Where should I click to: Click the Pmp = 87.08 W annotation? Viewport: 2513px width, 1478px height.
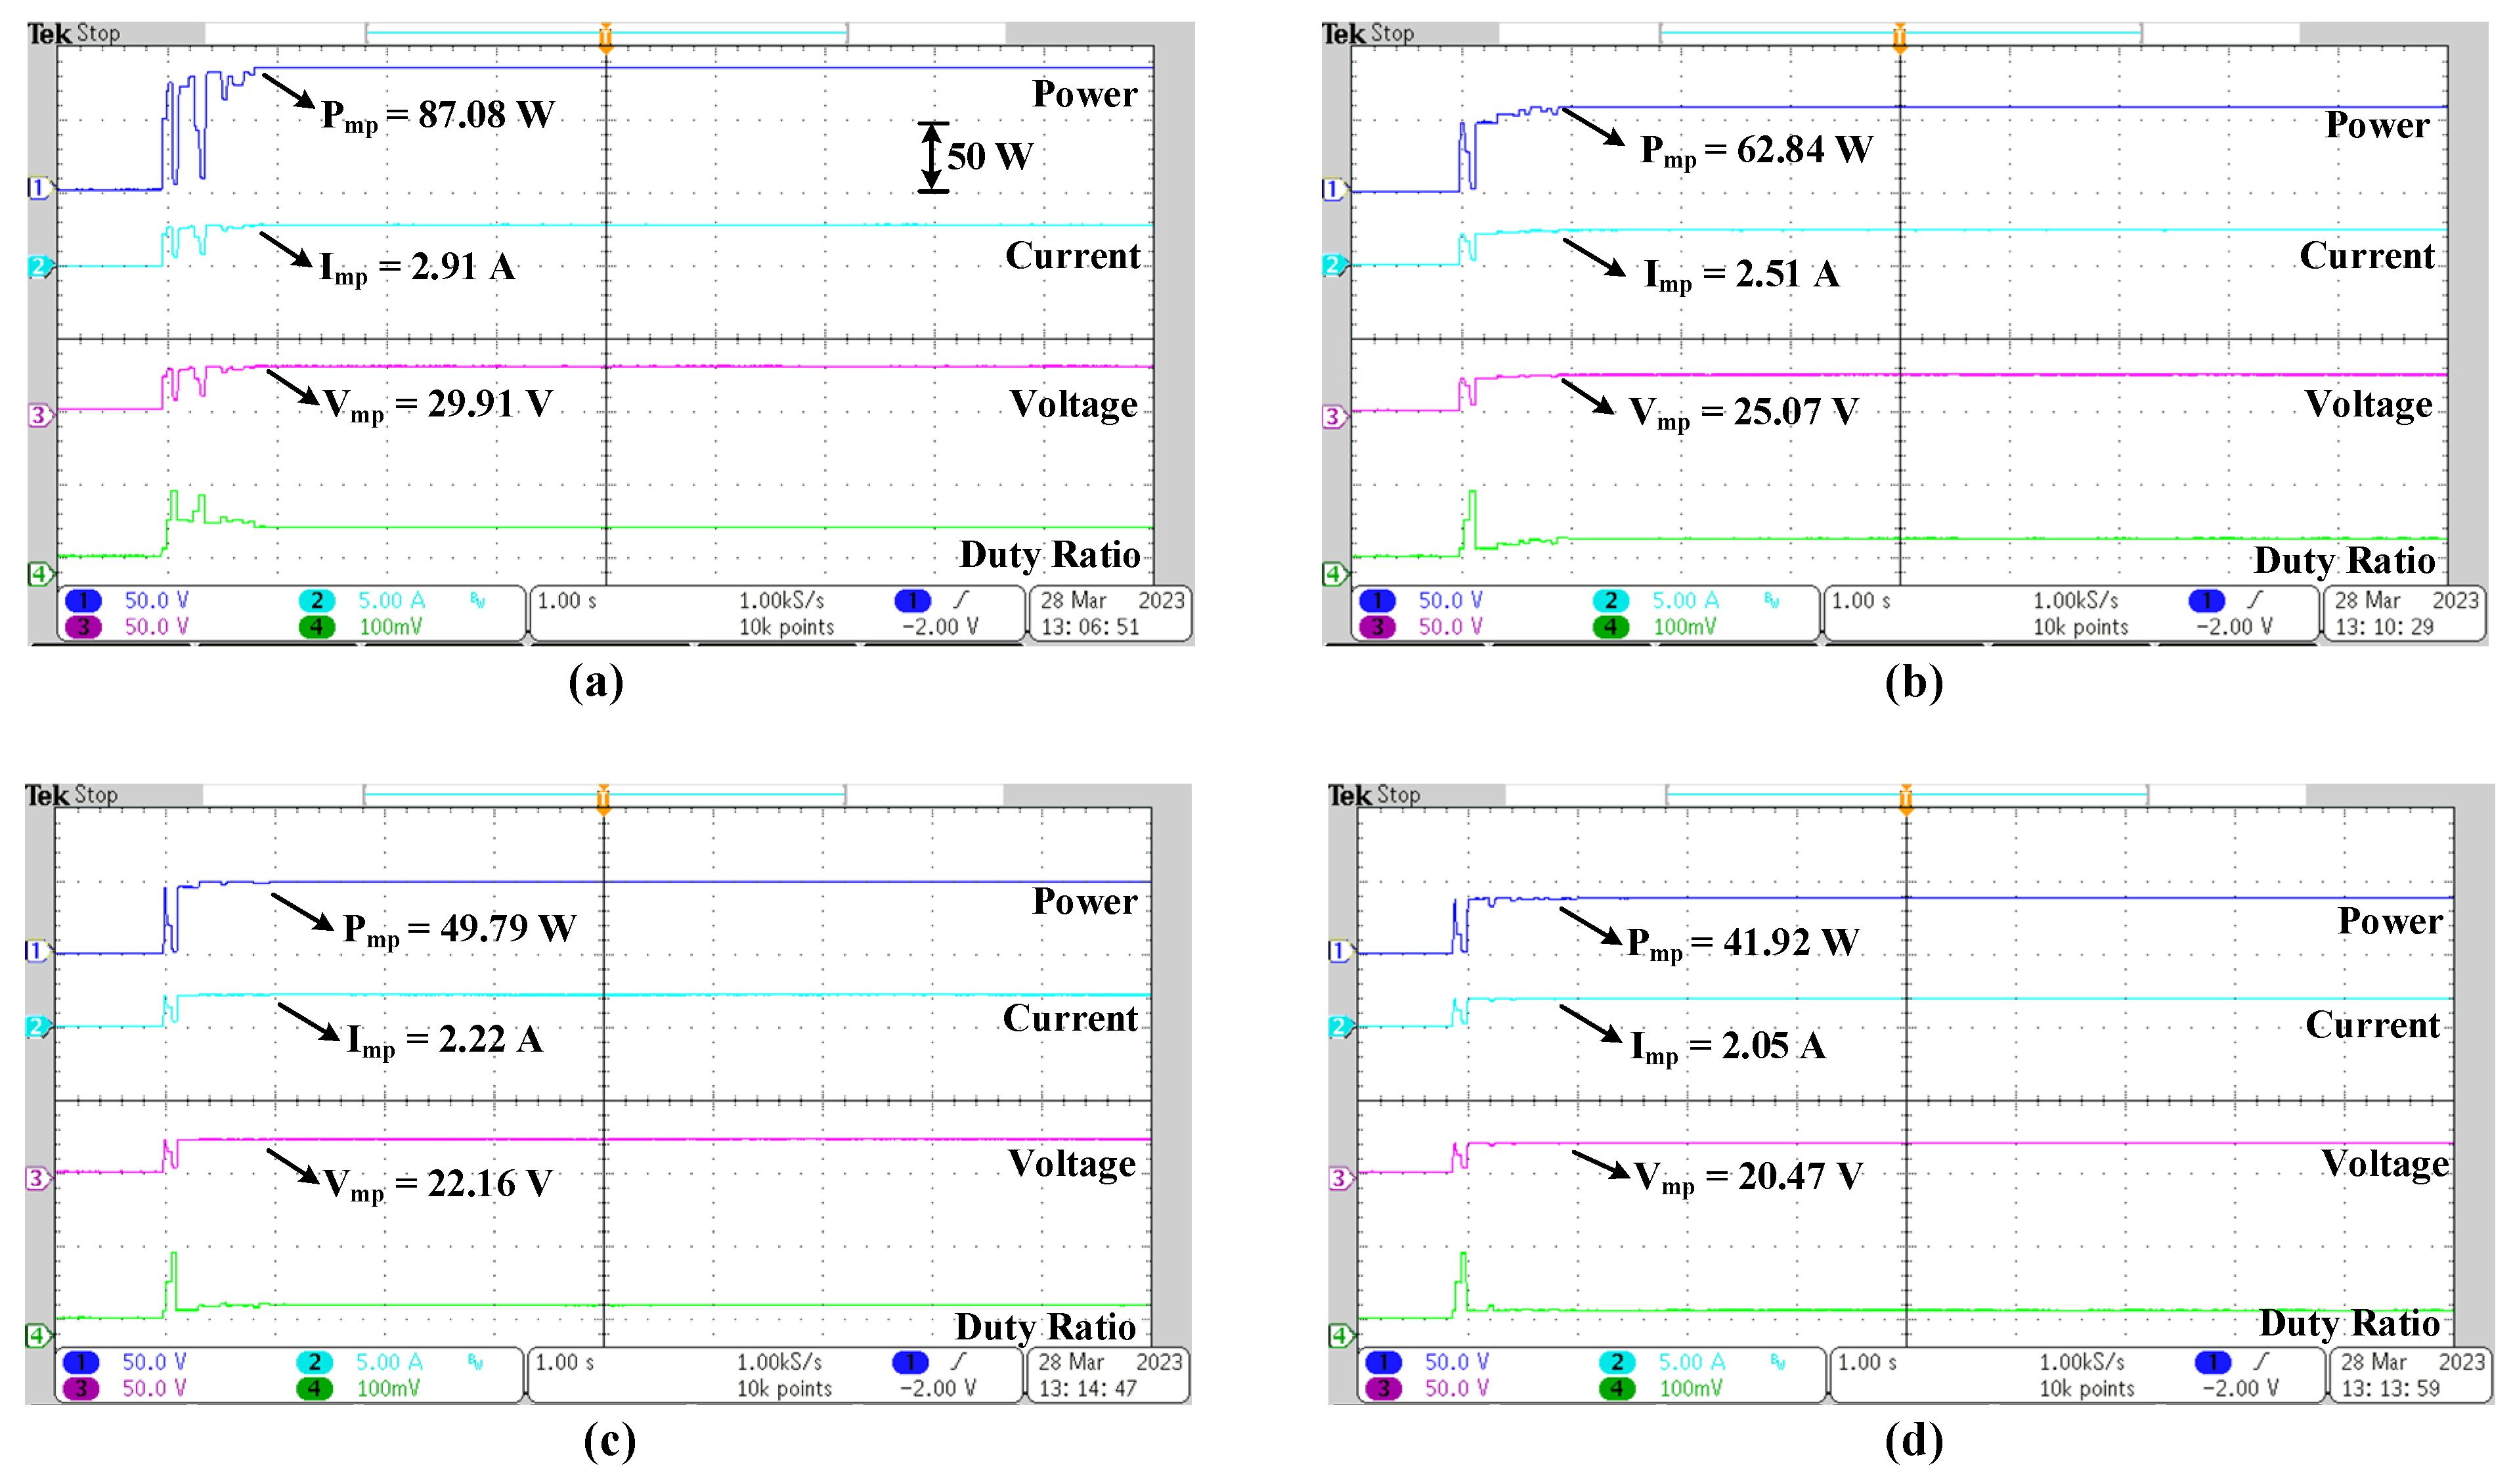(437, 116)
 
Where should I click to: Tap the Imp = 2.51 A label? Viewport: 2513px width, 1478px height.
(1741, 275)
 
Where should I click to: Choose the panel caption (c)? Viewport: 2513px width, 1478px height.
(608, 1439)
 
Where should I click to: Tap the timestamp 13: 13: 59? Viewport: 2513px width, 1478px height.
(2390, 1388)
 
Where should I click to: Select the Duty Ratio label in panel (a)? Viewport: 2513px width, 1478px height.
(1049, 554)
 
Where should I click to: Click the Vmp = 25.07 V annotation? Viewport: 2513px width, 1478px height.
(1743, 412)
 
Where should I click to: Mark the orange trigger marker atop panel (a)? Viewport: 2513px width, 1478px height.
(605, 36)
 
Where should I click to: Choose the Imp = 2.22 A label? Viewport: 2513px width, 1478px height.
(445, 1041)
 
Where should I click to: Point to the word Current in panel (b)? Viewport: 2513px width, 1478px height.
(2367, 256)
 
